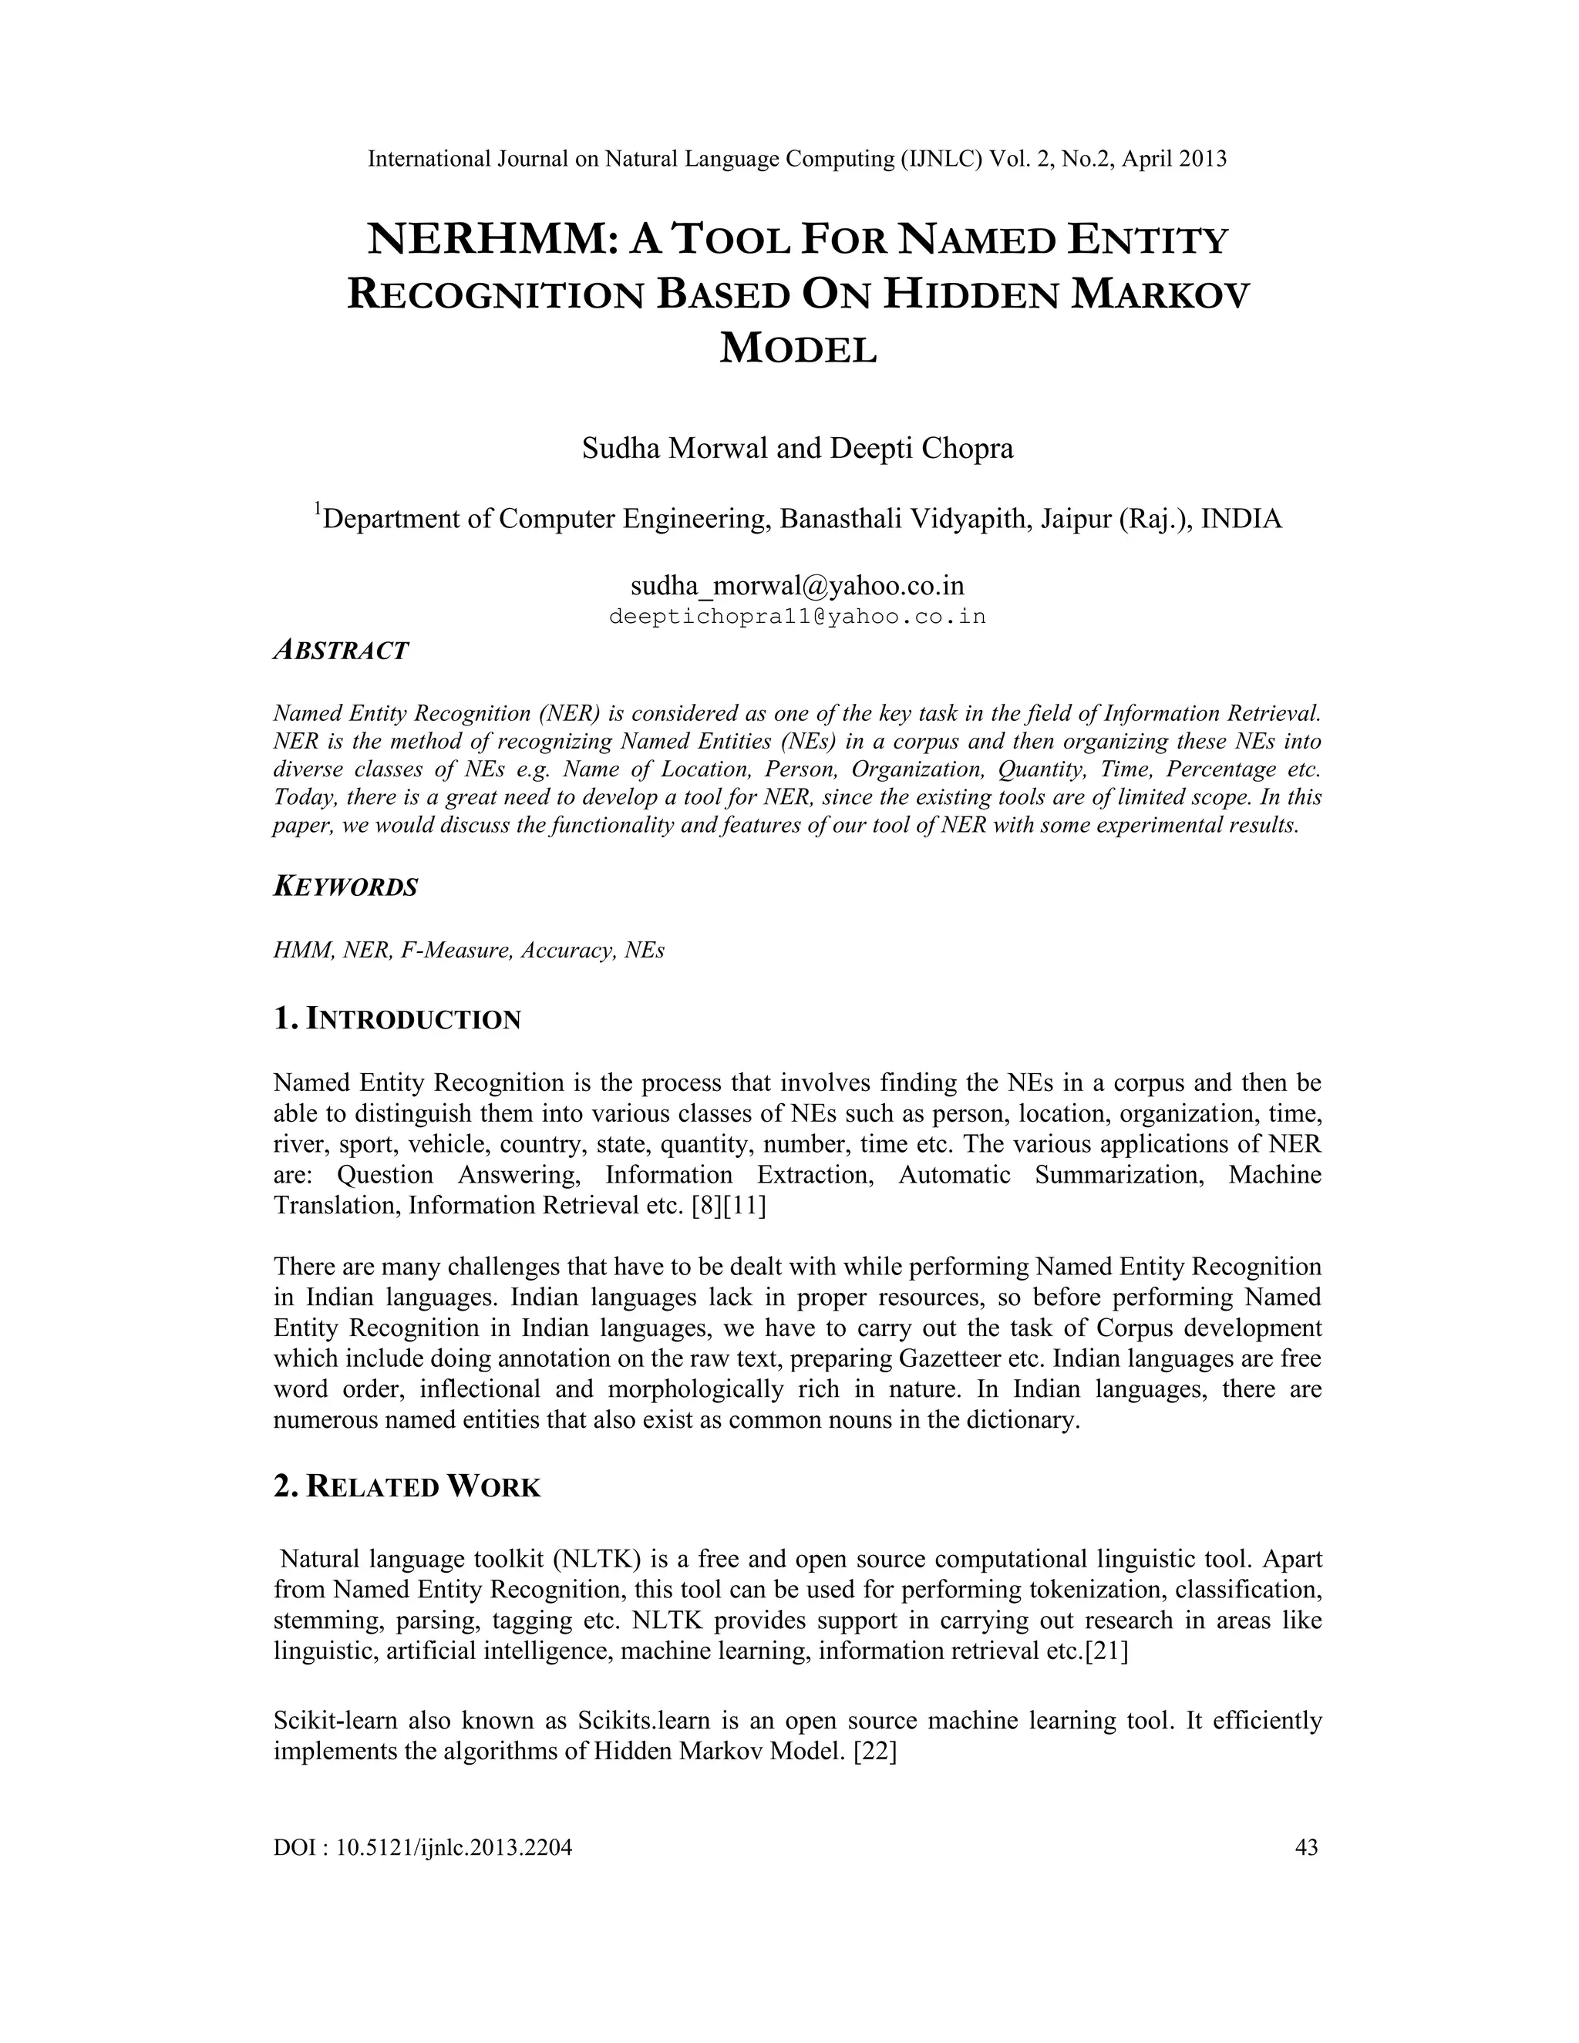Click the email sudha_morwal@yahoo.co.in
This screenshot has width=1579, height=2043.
coord(797,586)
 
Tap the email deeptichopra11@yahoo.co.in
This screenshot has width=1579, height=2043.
coord(797,618)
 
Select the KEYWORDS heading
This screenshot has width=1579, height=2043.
coord(345,887)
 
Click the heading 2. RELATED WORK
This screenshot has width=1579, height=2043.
coord(407,1486)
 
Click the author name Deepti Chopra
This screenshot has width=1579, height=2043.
coord(921,448)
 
